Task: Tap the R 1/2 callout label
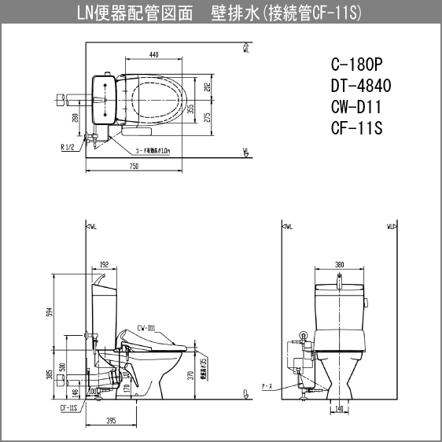(x=68, y=147)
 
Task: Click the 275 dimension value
(x=206, y=116)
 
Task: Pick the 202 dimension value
(x=206, y=87)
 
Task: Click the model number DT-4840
(x=359, y=87)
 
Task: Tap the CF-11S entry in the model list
(x=356, y=127)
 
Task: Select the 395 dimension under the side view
(x=111, y=420)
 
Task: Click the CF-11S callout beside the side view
(x=68, y=408)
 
